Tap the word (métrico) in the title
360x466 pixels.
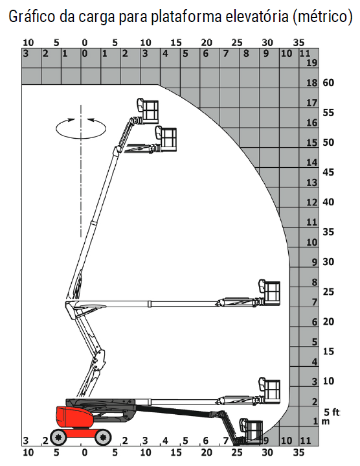click(322, 17)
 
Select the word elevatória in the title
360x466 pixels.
click(256, 16)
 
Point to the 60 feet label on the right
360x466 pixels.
click(328, 82)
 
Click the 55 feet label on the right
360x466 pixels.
click(328, 113)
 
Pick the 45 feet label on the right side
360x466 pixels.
click(328, 172)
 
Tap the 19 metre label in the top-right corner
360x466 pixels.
click(312, 63)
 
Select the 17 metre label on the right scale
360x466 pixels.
click(312, 103)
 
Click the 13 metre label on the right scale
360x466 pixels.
click(312, 182)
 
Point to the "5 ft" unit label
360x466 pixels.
click(332, 412)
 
